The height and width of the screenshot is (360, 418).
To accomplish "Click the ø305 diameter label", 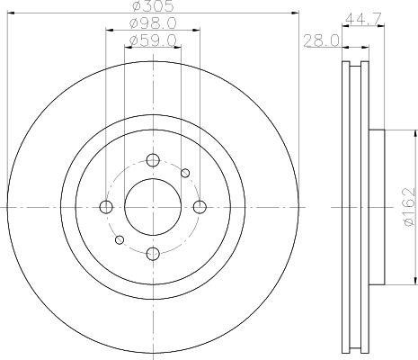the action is (x=153, y=6).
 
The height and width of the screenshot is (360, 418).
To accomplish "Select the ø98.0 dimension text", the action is (x=153, y=23).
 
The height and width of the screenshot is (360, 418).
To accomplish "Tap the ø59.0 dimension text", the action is (x=153, y=40).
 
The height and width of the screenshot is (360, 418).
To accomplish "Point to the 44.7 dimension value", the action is (x=363, y=19).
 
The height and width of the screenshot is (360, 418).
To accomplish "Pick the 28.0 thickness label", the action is (x=322, y=40).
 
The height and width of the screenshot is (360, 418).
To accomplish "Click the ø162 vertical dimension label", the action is (x=409, y=207).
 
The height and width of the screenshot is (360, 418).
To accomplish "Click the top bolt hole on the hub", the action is (x=153, y=160).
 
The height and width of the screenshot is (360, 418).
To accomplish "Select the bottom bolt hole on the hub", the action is (x=153, y=254).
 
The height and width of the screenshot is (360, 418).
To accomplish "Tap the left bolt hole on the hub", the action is (x=106, y=207).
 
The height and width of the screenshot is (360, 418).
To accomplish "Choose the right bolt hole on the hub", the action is (x=200, y=207).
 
